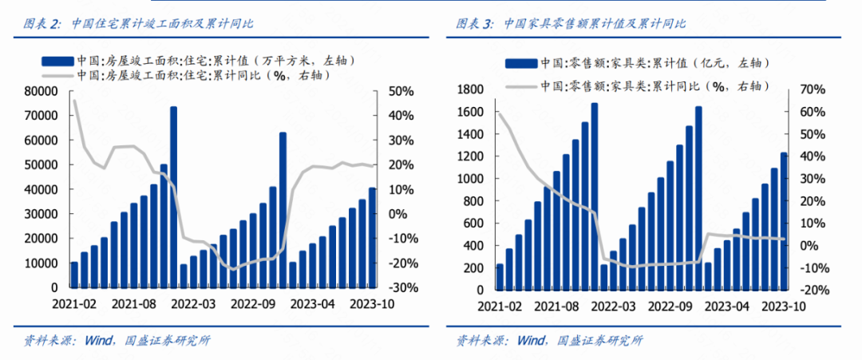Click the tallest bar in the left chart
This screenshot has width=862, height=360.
point(173,196)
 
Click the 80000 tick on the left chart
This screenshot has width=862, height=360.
point(42,91)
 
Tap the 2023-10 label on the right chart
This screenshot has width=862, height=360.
point(783,306)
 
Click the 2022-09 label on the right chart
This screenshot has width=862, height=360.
point(670,306)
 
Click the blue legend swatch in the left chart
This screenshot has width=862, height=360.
point(58,59)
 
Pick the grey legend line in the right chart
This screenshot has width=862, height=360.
point(517,85)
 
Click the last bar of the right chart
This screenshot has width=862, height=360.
point(784,220)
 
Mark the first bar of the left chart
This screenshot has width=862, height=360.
point(74,274)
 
